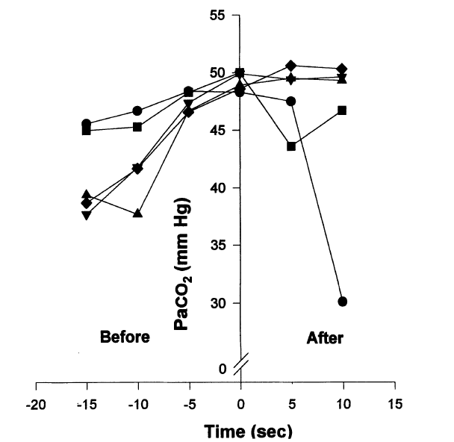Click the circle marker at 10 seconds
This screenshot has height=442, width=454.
343,302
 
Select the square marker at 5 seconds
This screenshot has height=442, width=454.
291,146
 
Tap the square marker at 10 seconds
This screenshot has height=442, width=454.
343,110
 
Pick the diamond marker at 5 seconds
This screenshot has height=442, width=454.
291,66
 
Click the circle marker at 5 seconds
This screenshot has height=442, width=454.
291,101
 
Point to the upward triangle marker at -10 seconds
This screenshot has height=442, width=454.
137,214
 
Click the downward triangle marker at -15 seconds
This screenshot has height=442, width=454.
87,215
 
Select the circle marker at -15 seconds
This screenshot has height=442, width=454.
87,124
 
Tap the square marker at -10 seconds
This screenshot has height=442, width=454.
137,127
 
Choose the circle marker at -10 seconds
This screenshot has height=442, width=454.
137,111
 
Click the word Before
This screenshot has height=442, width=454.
125,337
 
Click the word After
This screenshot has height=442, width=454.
325,337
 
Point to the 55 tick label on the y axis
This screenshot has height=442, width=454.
217,15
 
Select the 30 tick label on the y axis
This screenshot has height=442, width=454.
217,303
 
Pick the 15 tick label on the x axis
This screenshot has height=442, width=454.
395,404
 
